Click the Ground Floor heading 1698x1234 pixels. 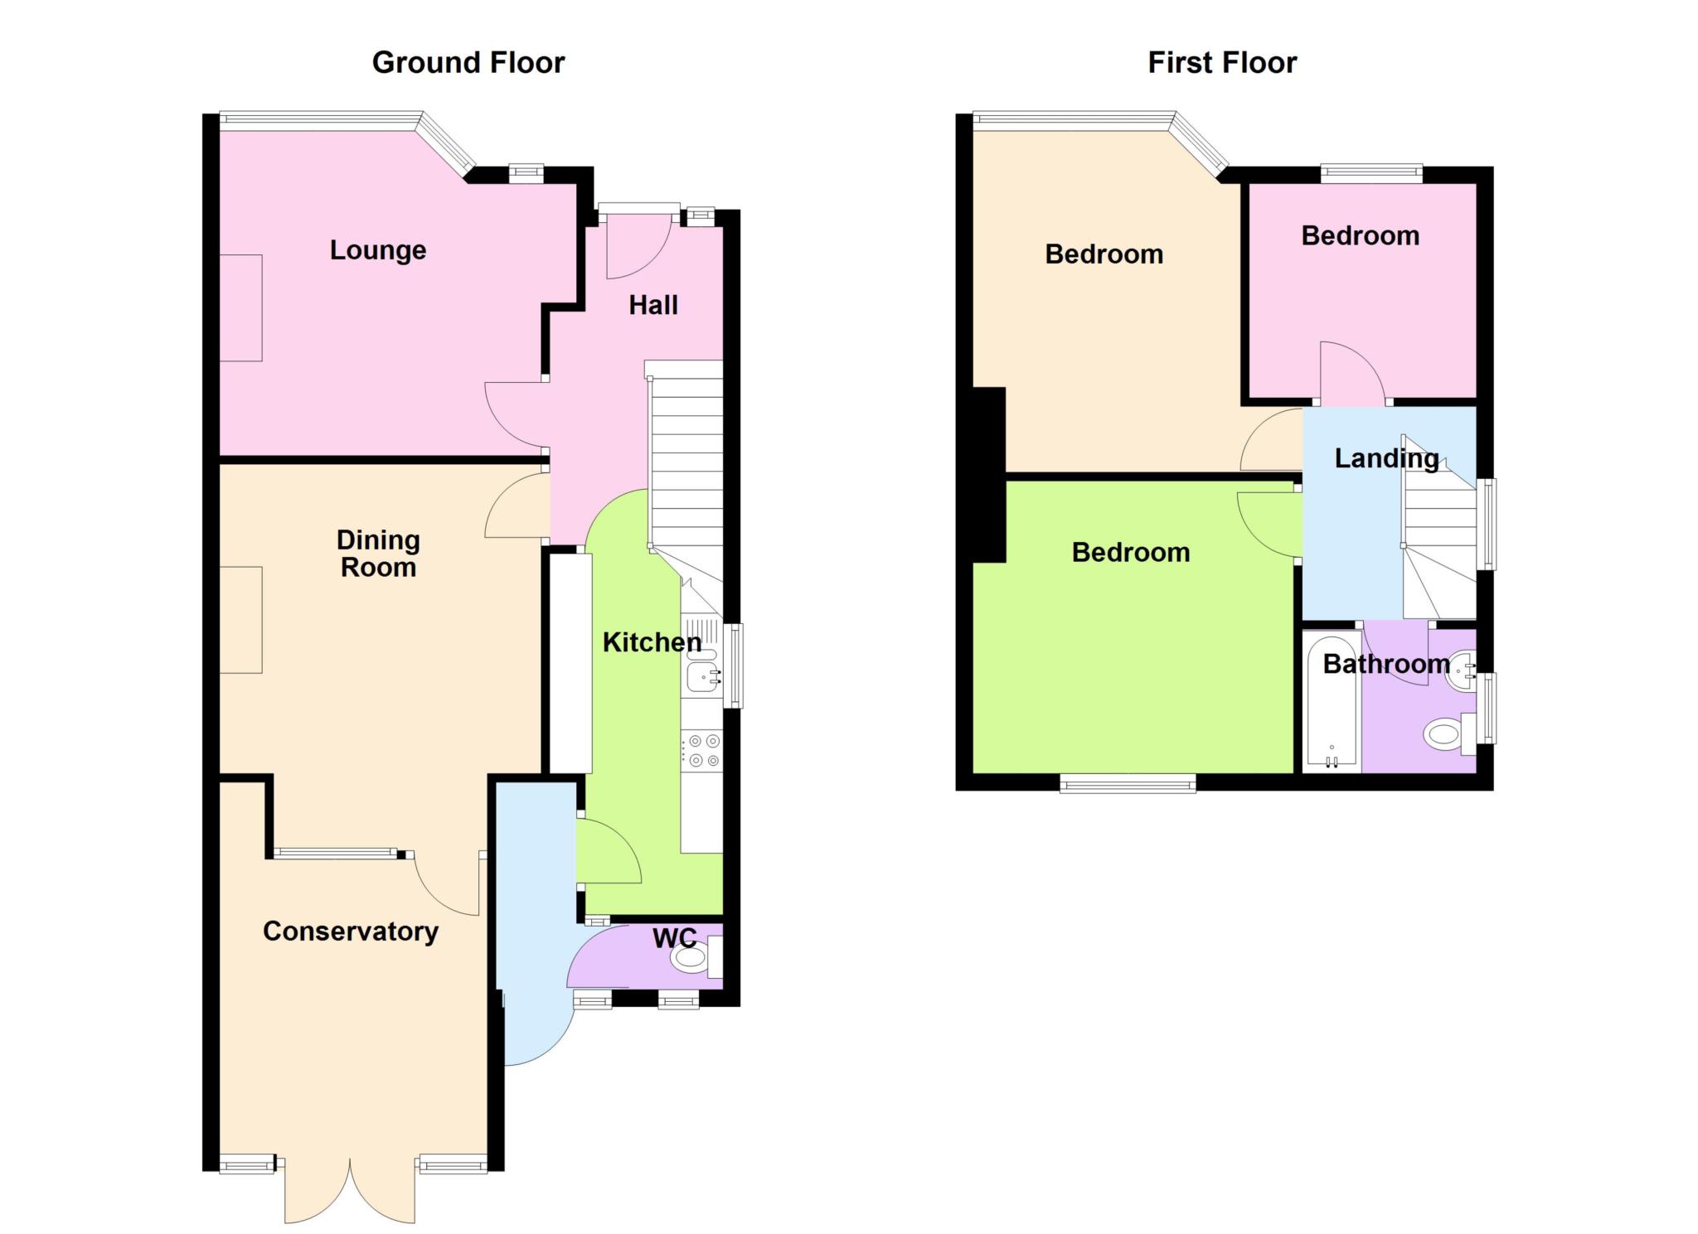[x=468, y=63]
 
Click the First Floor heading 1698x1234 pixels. [x=1222, y=63]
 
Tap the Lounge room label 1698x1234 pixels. [x=378, y=250]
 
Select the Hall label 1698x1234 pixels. [x=653, y=305]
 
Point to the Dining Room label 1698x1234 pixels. [x=378, y=554]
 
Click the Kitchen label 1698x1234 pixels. [x=652, y=642]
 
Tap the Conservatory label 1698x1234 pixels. [x=351, y=932]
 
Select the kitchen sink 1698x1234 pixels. [x=702, y=676]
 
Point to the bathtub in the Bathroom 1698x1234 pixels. [x=1332, y=701]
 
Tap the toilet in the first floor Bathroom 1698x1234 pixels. [x=1450, y=734]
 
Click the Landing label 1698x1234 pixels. [x=1386, y=458]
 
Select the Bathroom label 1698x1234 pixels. [x=1386, y=664]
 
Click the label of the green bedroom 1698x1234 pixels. [x=1131, y=553]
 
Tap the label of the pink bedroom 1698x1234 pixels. [x=1360, y=236]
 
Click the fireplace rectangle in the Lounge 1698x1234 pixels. [x=240, y=308]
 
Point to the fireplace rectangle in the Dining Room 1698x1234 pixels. [x=240, y=620]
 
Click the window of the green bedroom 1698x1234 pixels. [x=1128, y=783]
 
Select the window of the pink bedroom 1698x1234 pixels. [x=1371, y=174]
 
